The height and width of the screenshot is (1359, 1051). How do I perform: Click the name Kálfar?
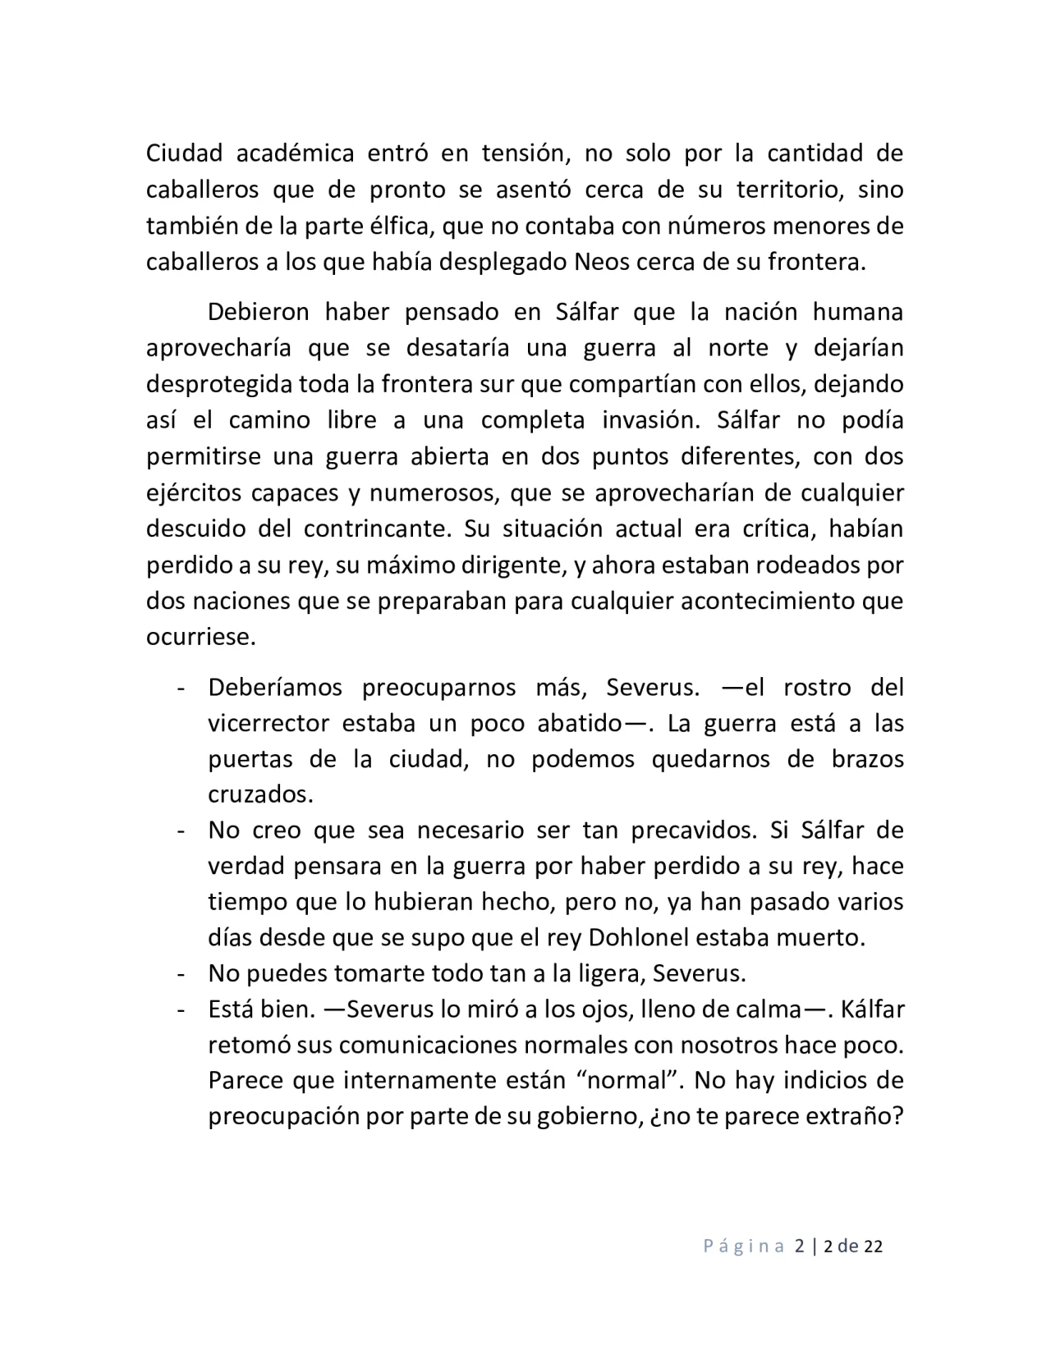tap(872, 1009)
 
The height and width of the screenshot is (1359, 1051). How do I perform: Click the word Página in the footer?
tap(744, 1247)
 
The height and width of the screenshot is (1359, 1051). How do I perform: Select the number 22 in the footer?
tap(873, 1247)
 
